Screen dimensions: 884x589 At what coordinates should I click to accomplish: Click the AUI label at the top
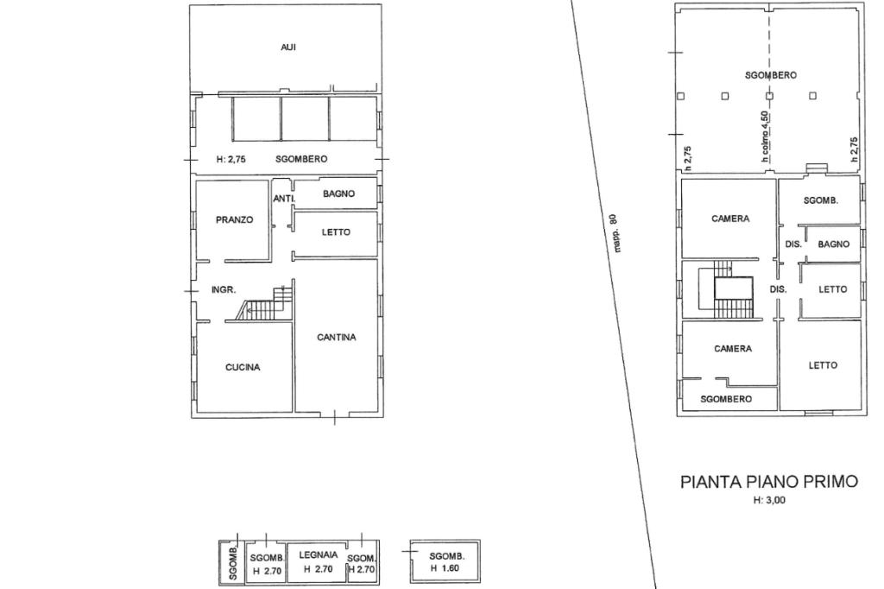point(288,47)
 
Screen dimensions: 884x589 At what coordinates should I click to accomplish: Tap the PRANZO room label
point(235,220)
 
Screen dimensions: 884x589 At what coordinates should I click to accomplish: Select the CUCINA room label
point(243,367)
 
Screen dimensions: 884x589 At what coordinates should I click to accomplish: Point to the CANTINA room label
point(337,338)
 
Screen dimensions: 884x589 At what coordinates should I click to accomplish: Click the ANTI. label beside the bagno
point(284,199)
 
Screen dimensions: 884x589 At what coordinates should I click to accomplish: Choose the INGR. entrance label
point(224,290)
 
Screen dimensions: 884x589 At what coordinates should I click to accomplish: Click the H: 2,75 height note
point(231,159)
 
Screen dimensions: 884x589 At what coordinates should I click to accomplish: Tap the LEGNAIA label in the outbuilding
point(319,555)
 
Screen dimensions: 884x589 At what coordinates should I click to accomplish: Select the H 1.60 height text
point(445,568)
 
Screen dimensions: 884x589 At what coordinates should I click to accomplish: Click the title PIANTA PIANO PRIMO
point(769,482)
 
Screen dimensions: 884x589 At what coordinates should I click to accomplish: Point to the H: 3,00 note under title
point(769,500)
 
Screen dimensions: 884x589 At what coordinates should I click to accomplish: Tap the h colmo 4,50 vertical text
point(765,137)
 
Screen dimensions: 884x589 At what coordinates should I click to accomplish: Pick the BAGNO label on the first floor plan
point(834,244)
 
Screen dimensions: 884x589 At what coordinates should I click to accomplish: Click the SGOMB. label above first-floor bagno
point(821,200)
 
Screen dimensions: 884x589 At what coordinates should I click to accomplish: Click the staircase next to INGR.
point(264,305)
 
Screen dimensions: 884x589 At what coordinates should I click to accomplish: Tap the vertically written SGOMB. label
point(233,564)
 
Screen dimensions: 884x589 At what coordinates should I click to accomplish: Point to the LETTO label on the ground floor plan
point(336,231)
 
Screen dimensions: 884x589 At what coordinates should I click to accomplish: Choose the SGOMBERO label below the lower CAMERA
point(726,399)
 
